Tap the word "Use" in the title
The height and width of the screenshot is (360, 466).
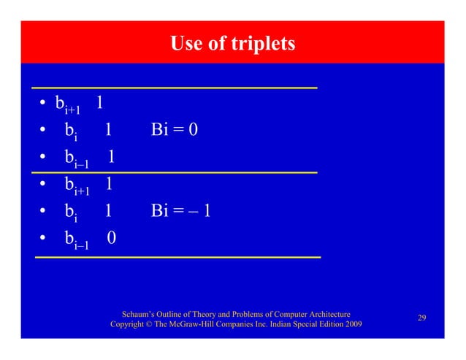click(x=186, y=44)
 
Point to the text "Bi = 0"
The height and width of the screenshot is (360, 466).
click(x=175, y=130)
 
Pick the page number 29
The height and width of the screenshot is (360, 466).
click(x=421, y=318)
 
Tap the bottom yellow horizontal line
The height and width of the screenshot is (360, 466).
click(x=177, y=257)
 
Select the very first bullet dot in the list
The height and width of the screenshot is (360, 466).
click(x=43, y=104)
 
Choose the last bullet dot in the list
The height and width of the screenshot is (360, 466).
click(x=45, y=239)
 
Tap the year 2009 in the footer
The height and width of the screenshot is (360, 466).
click(x=352, y=323)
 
